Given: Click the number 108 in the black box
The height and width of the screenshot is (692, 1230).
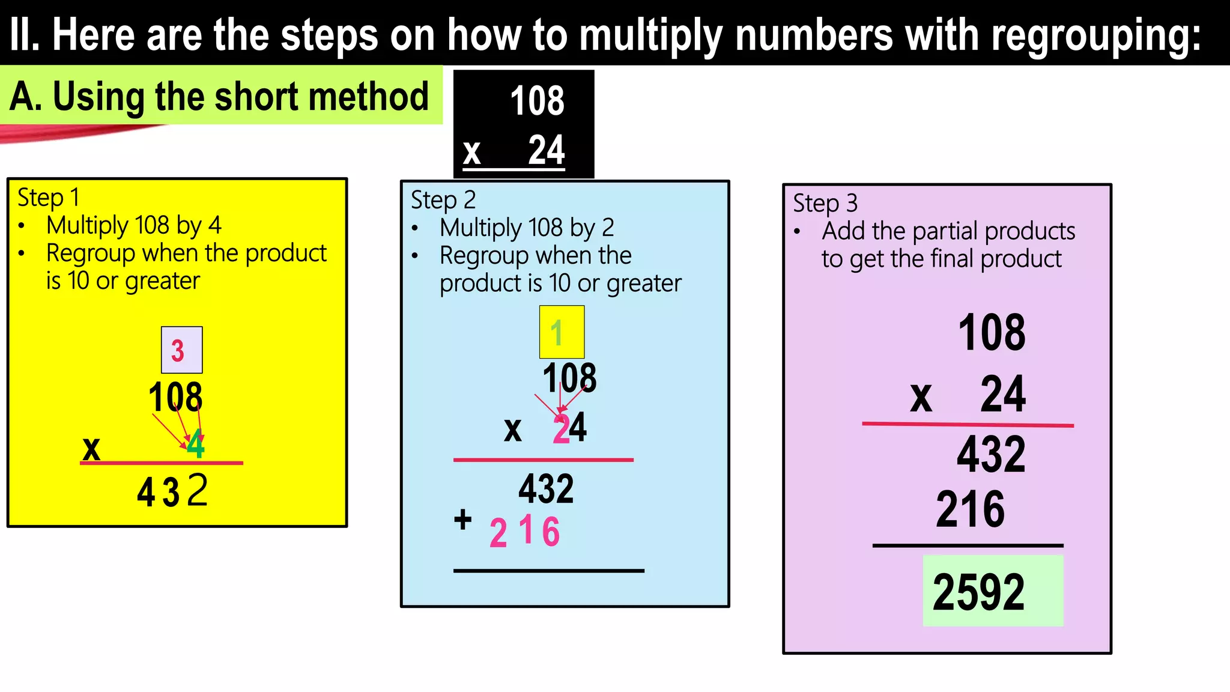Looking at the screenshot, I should pyautogui.click(x=537, y=101).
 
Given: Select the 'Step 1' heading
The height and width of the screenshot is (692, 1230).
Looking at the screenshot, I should pyautogui.click(x=48, y=197).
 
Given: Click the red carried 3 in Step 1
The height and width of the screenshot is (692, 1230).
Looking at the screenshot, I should pyautogui.click(x=178, y=351).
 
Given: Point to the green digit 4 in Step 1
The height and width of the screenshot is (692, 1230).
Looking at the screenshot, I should pyautogui.click(x=196, y=446).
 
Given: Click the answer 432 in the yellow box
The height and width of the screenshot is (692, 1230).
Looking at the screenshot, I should pyautogui.click(x=172, y=491).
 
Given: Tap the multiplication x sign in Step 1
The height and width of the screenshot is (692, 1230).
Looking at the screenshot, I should pyautogui.click(x=91, y=448).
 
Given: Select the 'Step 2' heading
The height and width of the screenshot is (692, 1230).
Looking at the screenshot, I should pyautogui.click(x=443, y=199).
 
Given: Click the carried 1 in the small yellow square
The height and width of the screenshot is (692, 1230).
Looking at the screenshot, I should pyautogui.click(x=557, y=332).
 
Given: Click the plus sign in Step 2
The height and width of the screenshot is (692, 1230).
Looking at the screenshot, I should pyautogui.click(x=462, y=519).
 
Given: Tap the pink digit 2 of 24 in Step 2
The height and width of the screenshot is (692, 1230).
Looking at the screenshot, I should pyautogui.click(x=561, y=429).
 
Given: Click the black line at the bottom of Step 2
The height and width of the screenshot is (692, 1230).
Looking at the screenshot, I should pyautogui.click(x=548, y=571).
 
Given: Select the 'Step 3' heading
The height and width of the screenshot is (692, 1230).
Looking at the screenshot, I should pyautogui.click(x=825, y=203).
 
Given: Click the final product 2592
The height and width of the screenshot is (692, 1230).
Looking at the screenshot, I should pyautogui.click(x=979, y=592).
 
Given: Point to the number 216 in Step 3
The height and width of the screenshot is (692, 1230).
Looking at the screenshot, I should pyautogui.click(x=970, y=509).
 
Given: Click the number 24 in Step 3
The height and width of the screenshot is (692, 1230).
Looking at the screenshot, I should pyautogui.click(x=1002, y=395).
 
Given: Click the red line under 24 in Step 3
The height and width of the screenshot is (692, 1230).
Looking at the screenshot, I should pyautogui.click(x=968, y=424).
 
